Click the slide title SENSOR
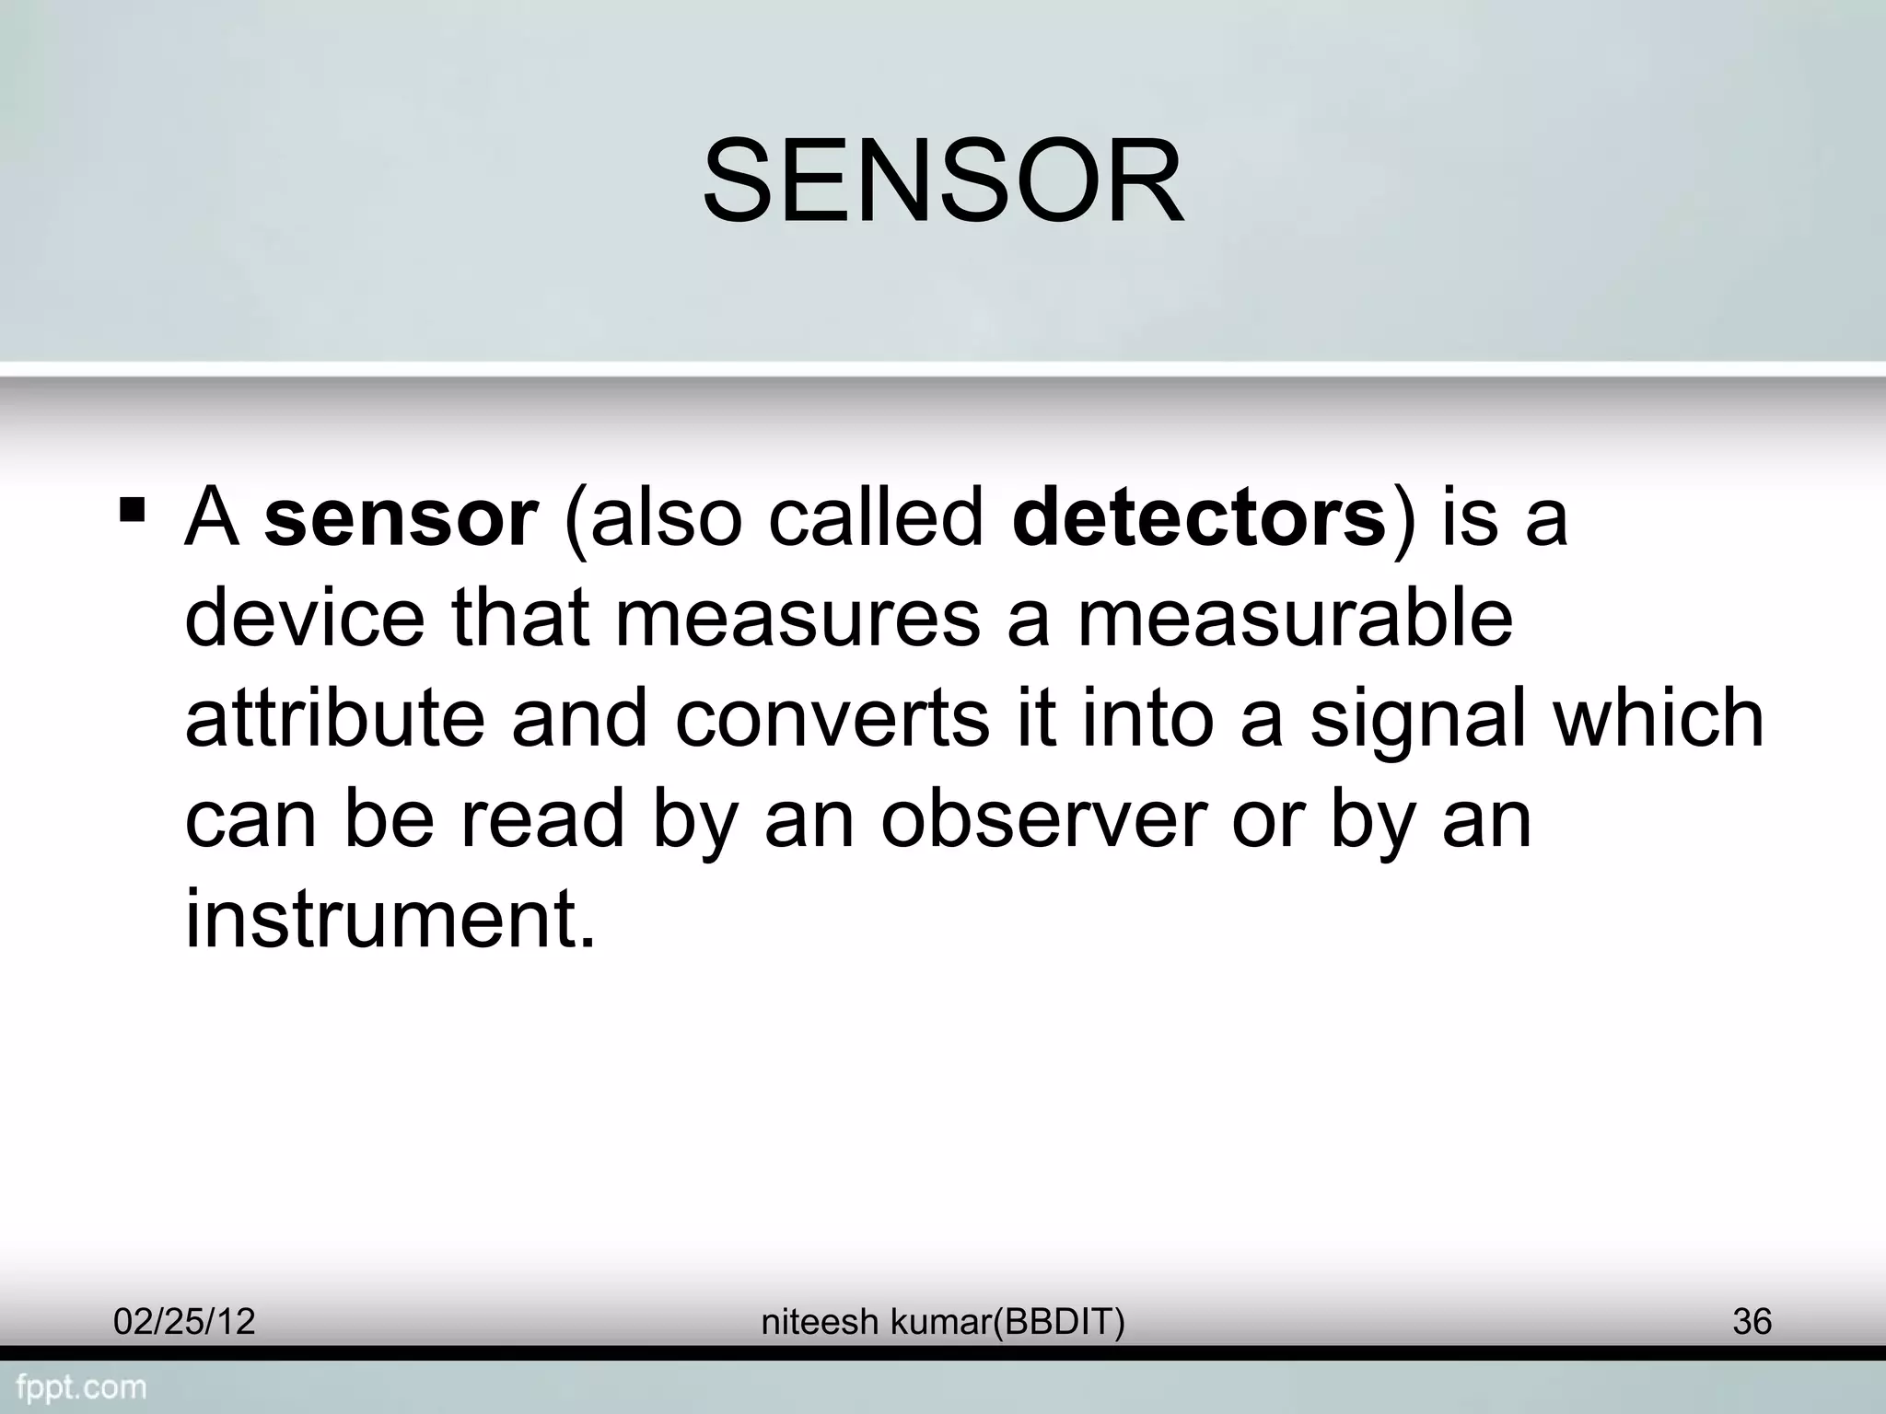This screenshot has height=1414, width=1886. click(942, 180)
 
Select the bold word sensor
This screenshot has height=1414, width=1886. click(401, 518)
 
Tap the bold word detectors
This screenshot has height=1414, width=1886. click(1199, 518)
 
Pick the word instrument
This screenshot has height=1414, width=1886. click(390, 918)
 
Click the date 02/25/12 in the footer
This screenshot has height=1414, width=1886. click(184, 1322)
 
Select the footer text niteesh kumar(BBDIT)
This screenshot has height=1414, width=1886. click(943, 1322)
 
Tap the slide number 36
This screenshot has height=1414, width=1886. click(1752, 1322)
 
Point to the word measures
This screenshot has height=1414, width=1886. click(797, 618)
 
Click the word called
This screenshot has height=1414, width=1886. click(876, 518)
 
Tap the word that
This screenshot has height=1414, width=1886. click(519, 618)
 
